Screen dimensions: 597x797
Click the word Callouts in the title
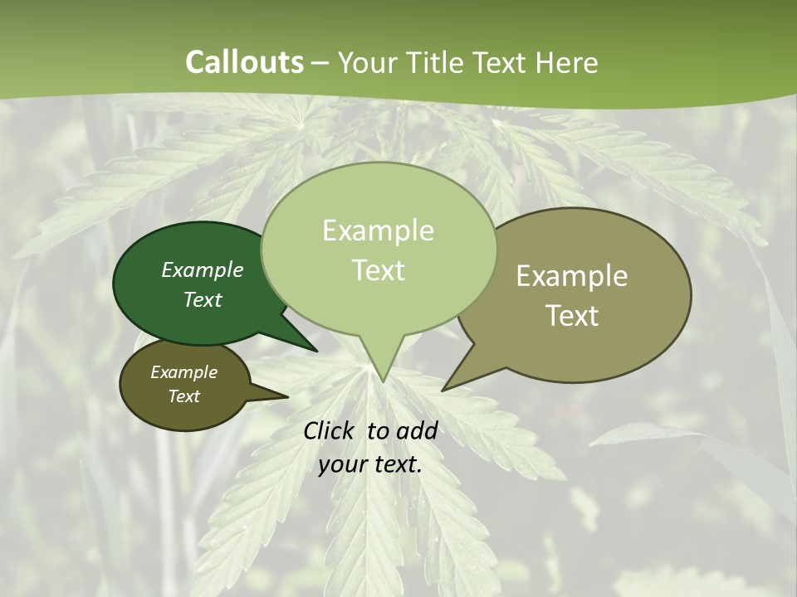(x=244, y=62)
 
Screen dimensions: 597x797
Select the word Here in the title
(x=567, y=62)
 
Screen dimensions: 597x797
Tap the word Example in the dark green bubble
(x=203, y=270)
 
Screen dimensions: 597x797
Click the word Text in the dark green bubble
(x=203, y=300)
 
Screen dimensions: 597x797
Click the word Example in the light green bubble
(x=379, y=231)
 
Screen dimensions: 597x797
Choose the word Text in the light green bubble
(x=379, y=270)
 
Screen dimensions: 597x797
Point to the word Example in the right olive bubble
(x=572, y=276)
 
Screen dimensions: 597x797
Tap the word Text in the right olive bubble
(x=572, y=316)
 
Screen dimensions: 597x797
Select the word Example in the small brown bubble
(x=184, y=372)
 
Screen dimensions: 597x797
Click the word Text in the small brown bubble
(x=184, y=396)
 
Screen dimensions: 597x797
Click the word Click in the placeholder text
(x=330, y=430)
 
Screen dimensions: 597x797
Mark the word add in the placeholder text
(x=417, y=430)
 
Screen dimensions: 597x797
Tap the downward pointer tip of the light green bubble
(x=383, y=379)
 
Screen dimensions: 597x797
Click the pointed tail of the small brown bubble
(x=285, y=396)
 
